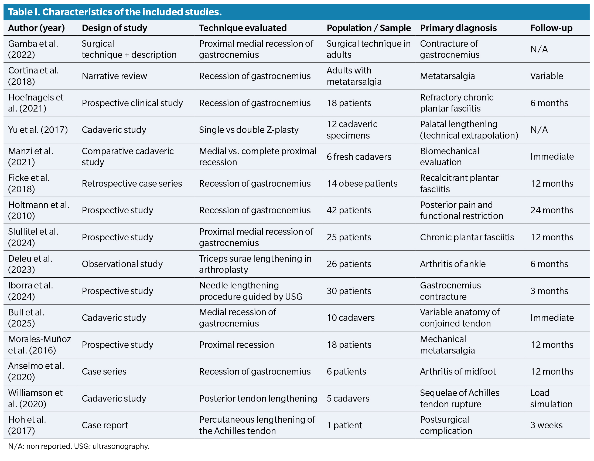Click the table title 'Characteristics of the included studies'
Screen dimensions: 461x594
pyautogui.click(x=115, y=12)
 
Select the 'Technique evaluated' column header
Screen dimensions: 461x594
pyautogui.click(x=243, y=28)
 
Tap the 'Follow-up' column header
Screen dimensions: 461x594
pyautogui.click(x=551, y=28)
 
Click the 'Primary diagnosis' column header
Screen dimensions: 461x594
pyautogui.click(x=458, y=28)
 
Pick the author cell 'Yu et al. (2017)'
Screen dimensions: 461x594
pyautogui.click(x=38, y=130)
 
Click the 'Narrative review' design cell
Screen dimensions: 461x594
pyautogui.click(x=114, y=76)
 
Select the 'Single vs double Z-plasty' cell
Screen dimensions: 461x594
pyautogui.click(x=249, y=130)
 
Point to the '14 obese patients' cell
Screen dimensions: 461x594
pyautogui.click(x=362, y=184)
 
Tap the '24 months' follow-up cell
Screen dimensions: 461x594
pyautogui.click(x=552, y=210)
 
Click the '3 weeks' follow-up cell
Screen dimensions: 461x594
pyautogui.click(x=546, y=425)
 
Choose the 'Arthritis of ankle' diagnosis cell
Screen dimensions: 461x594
pyautogui.click(x=453, y=264)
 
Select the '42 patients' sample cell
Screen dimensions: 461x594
pyautogui.click(x=349, y=210)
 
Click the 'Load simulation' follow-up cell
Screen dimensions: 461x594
pyautogui.click(x=551, y=398)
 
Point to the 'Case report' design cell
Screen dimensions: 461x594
pyautogui.click(x=105, y=425)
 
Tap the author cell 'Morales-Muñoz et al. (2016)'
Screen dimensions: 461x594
pyautogui.click(x=39, y=344)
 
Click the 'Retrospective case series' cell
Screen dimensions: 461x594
pyautogui.click(x=132, y=184)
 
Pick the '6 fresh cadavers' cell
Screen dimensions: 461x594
pyautogui.click(x=359, y=157)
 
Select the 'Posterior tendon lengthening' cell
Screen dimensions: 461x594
pyautogui.click(x=258, y=398)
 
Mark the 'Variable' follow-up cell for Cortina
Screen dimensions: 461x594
pyautogui.click(x=547, y=76)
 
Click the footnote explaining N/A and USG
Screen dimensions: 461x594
pyautogui.click(x=78, y=446)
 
